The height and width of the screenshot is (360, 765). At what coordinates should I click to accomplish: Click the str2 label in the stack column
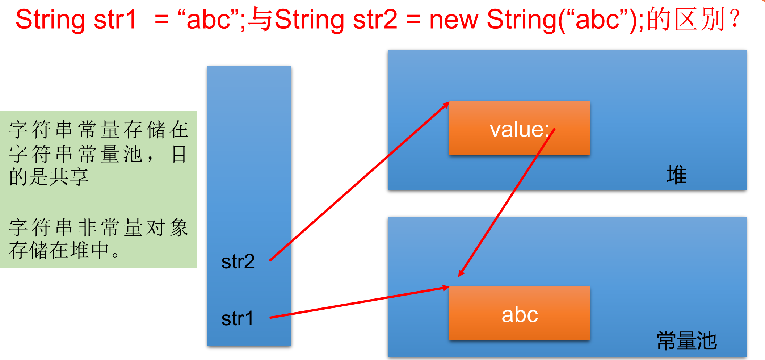click(238, 261)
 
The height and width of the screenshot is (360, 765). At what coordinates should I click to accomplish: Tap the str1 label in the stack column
click(238, 319)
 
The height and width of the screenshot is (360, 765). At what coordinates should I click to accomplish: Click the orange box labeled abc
click(520, 314)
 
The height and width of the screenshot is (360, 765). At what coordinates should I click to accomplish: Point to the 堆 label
click(676, 175)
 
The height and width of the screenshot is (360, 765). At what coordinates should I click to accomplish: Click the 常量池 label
click(686, 341)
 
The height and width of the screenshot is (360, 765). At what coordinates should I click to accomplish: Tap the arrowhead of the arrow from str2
click(446, 105)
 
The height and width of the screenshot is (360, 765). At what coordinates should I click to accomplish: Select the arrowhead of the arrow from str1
click(446, 288)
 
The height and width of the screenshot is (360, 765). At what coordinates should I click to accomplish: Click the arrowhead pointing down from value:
click(461, 274)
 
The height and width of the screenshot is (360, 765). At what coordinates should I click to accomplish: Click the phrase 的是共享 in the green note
click(49, 177)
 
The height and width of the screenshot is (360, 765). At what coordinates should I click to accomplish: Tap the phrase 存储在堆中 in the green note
click(60, 250)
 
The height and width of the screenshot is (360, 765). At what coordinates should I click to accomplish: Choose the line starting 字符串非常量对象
click(98, 227)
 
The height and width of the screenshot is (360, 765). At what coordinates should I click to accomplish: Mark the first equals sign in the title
click(161, 20)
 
